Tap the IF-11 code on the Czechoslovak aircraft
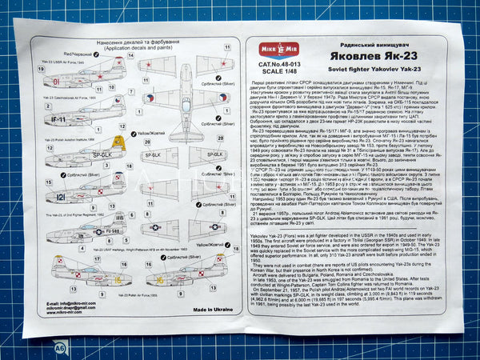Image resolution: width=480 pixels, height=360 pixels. (x=57, y=119)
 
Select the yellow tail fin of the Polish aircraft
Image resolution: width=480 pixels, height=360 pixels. (x=118, y=145)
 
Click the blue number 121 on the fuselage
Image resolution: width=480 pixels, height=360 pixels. (x=60, y=196)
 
